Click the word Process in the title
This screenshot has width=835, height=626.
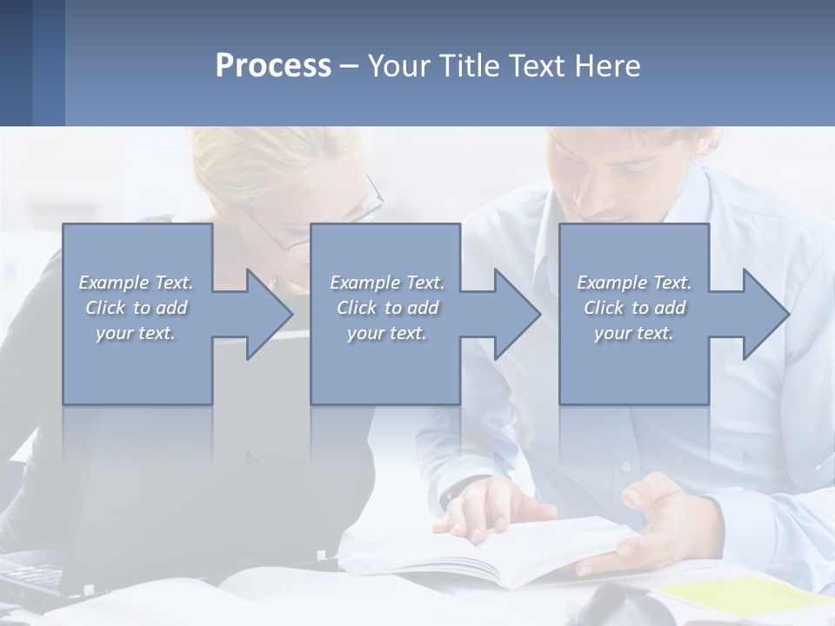[273, 66]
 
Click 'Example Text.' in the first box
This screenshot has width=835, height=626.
[136, 283]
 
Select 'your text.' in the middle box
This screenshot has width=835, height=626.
[387, 333]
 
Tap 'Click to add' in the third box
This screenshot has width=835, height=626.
[634, 308]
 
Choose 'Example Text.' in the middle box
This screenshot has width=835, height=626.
[387, 283]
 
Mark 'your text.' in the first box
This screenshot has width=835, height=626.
[136, 333]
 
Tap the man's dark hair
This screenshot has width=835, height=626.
[661, 139]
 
